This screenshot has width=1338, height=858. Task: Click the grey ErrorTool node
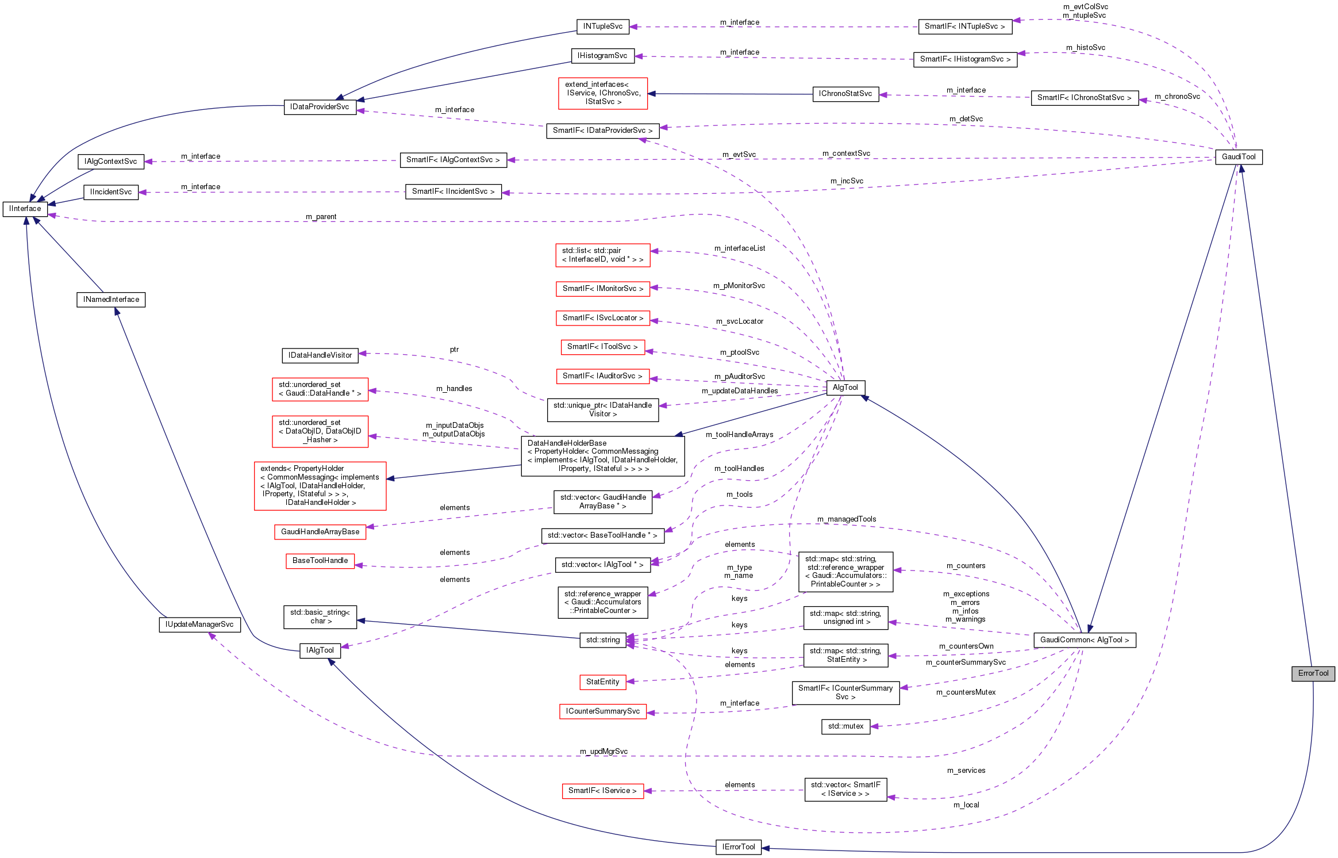(x=1313, y=673)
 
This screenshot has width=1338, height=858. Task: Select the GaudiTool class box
(x=1239, y=156)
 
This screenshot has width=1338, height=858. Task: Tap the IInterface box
(x=25, y=208)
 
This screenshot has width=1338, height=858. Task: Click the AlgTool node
(x=845, y=387)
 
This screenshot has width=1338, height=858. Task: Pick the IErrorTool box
(x=738, y=846)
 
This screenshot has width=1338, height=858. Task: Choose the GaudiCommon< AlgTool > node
(x=1084, y=639)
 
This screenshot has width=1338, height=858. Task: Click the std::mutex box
(x=845, y=726)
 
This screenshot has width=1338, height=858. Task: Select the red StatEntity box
(x=602, y=681)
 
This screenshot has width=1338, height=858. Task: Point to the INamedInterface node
(x=111, y=299)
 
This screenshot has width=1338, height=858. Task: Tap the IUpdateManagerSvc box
(x=199, y=624)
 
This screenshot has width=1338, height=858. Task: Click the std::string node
(x=603, y=639)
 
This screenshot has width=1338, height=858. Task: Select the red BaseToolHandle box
(x=320, y=560)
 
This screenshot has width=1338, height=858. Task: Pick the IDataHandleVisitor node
(x=320, y=355)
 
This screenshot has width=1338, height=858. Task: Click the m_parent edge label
(x=321, y=217)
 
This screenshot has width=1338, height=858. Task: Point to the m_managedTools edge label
(x=846, y=519)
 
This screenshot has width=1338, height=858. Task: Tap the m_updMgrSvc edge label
(x=603, y=751)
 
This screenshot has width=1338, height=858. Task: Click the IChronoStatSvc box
(x=845, y=93)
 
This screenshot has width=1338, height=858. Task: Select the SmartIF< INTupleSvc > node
(x=964, y=26)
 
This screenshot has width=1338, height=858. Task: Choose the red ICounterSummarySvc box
(x=602, y=711)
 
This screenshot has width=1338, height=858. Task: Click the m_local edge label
(x=966, y=805)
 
